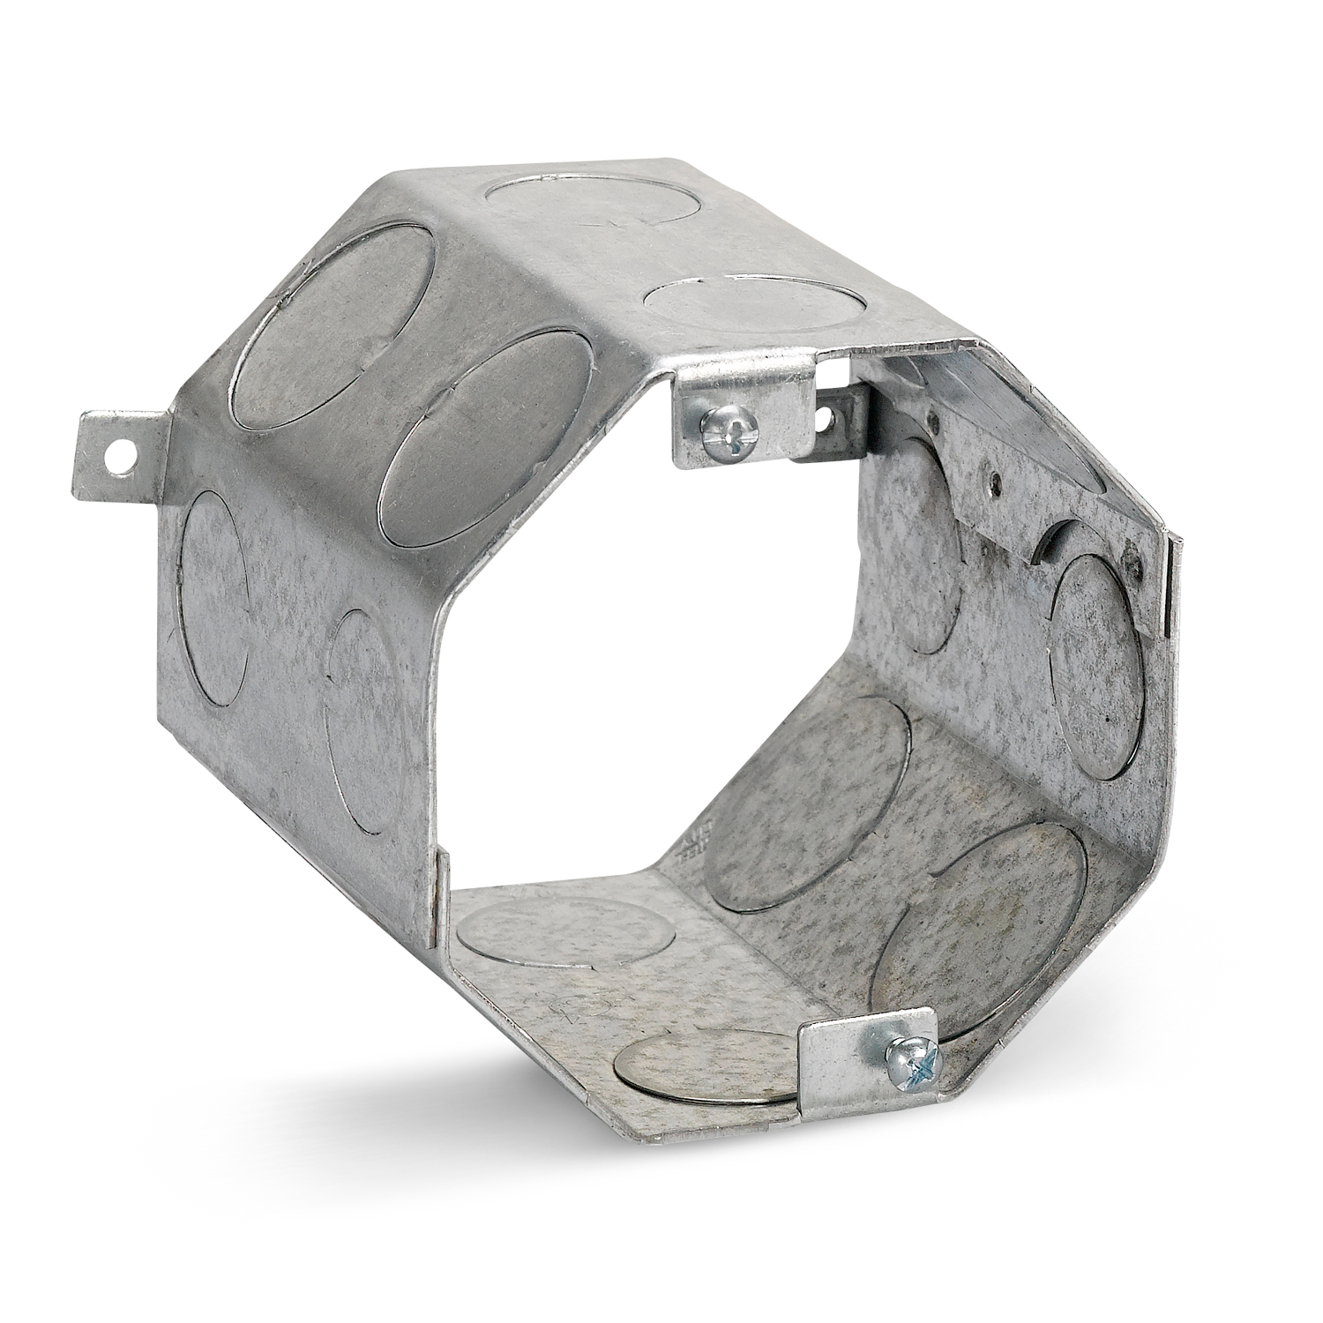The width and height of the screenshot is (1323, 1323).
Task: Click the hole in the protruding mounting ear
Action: pyautogui.click(x=116, y=456)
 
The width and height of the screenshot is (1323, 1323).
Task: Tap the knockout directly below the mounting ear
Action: pyautogui.click(x=214, y=597)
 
